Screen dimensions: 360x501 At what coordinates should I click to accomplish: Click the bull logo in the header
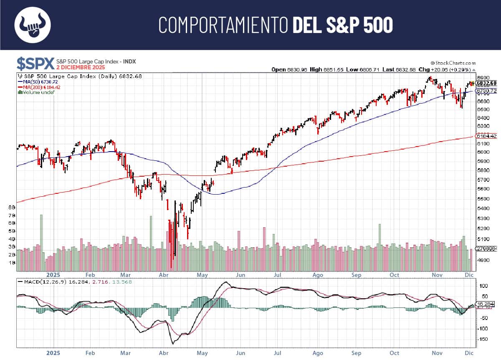coord(32,25)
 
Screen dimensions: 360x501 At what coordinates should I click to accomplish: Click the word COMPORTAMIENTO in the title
coord(223,25)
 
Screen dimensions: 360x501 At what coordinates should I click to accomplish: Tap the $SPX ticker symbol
coord(35,63)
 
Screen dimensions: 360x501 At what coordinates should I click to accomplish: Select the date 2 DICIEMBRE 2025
coord(81,67)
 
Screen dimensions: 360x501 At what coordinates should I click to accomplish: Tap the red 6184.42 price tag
coord(487,136)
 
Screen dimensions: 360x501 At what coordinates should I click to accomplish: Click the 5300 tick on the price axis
coord(483,218)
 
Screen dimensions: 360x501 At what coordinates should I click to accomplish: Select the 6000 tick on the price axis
coord(483,152)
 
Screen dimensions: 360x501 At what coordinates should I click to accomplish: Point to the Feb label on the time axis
coord(91,275)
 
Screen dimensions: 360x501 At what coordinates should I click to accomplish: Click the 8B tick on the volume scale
coord(12,207)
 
